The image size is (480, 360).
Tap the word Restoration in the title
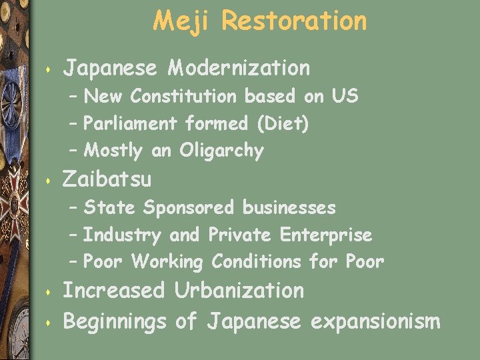tap(294, 21)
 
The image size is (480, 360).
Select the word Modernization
tap(239, 67)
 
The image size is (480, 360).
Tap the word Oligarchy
tap(221, 151)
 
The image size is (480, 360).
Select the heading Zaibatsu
tap(107, 179)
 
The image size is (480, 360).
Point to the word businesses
tap(289, 208)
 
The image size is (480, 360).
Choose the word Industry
tap(122, 235)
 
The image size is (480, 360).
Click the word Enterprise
tap(326, 235)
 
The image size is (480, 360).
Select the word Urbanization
tap(239, 291)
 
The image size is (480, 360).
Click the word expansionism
tap(375, 322)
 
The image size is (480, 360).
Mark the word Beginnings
tap(114, 323)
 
